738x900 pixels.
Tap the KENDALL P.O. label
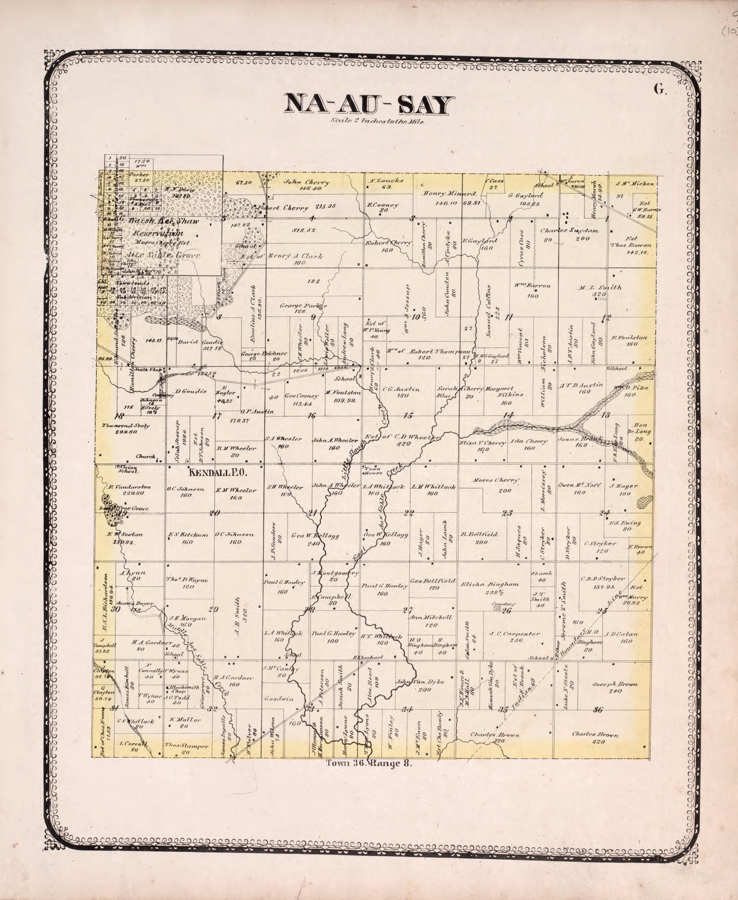[x=218, y=472]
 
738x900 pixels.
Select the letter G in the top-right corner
[x=659, y=89]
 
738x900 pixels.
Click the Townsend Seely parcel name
[x=125, y=425]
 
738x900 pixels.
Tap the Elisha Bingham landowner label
[x=489, y=584]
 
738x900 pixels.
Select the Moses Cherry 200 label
[x=496, y=480]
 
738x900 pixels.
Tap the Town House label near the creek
[x=373, y=470]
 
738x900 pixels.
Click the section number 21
[x=312, y=513]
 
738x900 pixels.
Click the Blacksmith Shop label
[x=184, y=689]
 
